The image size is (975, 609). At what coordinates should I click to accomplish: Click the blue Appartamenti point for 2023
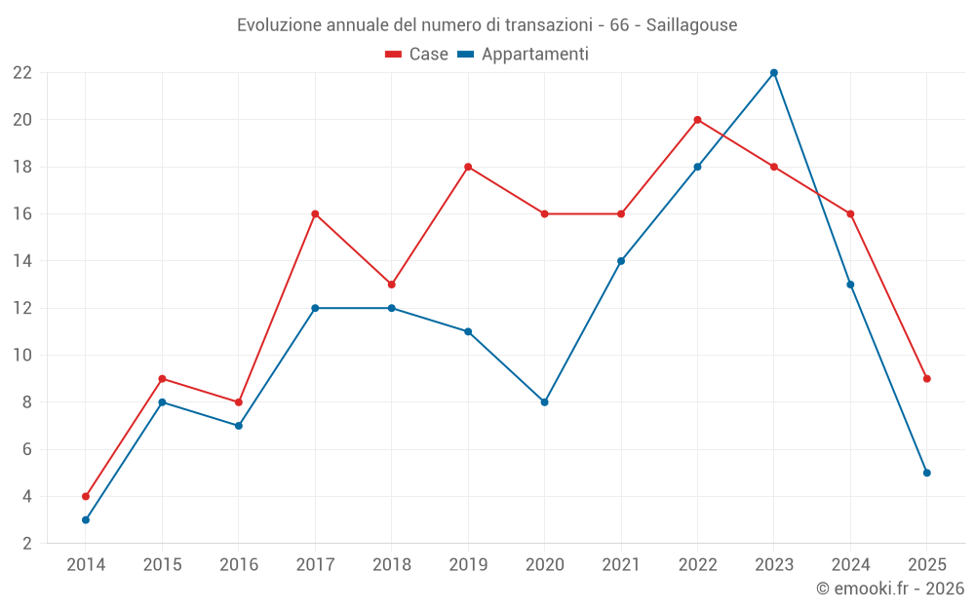[774, 73]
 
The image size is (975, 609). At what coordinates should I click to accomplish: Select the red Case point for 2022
[697, 120]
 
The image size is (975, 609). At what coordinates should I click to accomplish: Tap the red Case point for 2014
[86, 496]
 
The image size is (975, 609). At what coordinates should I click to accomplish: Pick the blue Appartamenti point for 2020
[544, 402]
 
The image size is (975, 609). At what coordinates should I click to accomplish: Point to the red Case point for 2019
[468, 167]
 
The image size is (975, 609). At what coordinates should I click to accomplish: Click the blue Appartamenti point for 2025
[926, 473]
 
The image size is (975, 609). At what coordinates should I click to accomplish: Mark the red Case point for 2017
[315, 213]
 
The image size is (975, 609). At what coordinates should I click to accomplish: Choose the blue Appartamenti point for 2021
[621, 261]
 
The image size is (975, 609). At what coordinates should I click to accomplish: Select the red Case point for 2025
[926, 379]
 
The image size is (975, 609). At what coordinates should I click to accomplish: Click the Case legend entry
[417, 55]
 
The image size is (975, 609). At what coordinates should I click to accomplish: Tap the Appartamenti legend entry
[524, 55]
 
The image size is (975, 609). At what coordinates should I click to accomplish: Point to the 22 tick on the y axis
[22, 73]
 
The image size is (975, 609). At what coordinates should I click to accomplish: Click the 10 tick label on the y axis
[22, 356]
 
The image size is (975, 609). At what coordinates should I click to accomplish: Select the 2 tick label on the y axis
[27, 544]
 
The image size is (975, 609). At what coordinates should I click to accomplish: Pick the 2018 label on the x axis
[391, 564]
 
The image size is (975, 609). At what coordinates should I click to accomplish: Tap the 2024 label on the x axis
[850, 564]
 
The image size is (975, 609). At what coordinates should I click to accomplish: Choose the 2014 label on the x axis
[86, 564]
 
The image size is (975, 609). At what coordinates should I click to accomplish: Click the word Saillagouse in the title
[691, 24]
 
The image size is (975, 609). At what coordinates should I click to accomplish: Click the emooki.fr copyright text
[890, 589]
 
